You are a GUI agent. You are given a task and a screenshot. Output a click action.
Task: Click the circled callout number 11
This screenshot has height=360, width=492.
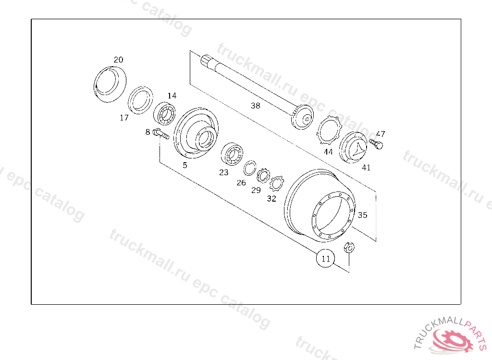click(x=325, y=258)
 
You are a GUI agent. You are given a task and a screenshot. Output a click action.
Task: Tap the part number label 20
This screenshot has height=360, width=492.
click(x=118, y=60)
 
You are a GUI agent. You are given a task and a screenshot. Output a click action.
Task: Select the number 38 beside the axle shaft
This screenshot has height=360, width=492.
click(x=256, y=106)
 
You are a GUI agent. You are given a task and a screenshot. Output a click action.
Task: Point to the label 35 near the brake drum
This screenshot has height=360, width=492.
click(x=362, y=215)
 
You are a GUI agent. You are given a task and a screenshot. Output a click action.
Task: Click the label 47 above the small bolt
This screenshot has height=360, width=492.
click(x=381, y=134)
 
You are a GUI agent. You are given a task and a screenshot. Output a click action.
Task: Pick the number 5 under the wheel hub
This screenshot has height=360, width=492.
click(x=185, y=165)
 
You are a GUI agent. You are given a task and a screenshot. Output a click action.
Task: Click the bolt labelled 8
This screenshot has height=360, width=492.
click(x=161, y=134)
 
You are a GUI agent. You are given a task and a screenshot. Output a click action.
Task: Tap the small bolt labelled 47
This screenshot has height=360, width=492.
click(x=376, y=144)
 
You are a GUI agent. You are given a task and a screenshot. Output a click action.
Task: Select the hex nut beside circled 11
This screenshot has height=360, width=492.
click(x=349, y=247)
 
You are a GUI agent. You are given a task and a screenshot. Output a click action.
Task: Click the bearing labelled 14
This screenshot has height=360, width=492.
click(x=164, y=113)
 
